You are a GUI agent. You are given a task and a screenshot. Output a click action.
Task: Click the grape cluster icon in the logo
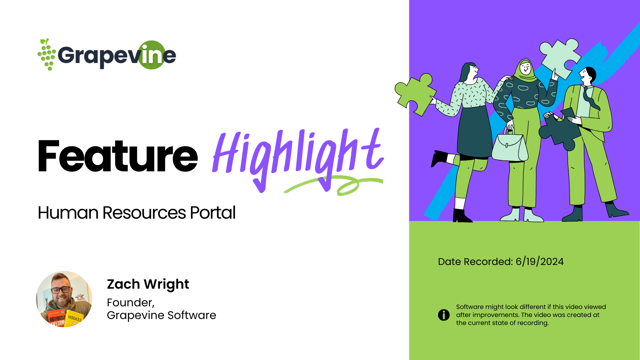point(47,54)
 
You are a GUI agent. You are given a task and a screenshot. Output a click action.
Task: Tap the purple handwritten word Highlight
point(298,159)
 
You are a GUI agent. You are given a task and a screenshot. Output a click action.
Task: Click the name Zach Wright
point(148,284)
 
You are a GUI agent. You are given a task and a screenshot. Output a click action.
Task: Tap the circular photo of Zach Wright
point(64,299)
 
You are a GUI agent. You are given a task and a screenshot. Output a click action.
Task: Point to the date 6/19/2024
point(540,262)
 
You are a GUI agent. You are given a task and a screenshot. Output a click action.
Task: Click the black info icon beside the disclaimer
point(444,315)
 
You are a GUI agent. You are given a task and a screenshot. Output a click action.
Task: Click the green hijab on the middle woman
point(525,70)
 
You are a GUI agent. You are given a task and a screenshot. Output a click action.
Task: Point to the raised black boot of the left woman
point(440,158)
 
